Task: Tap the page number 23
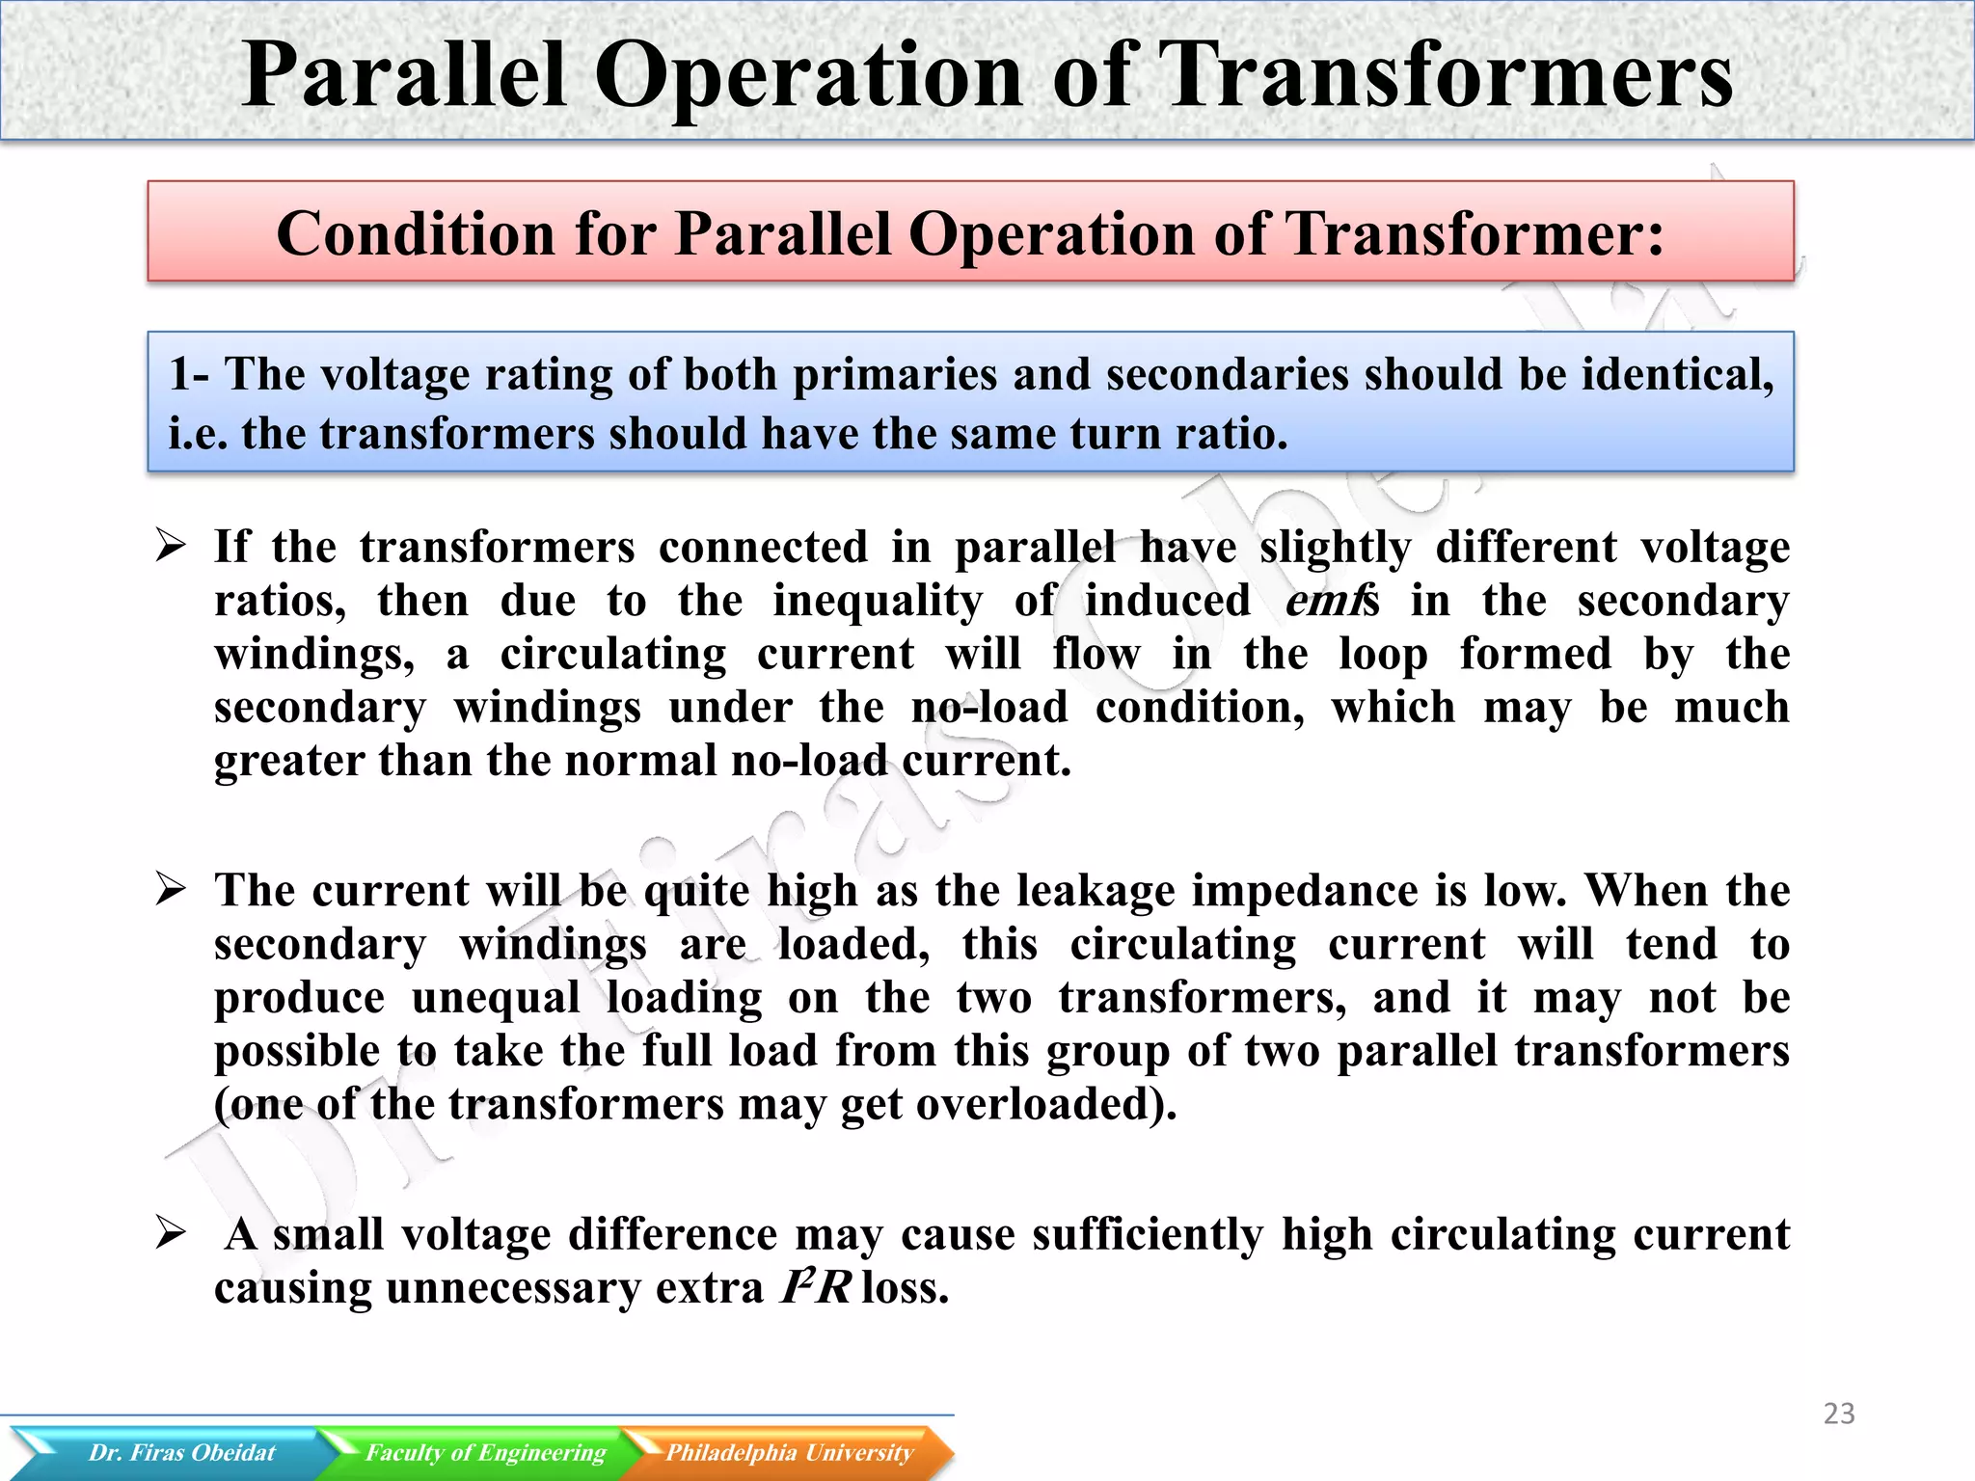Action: coord(1839,1414)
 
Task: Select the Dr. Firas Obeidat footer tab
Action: coord(181,1452)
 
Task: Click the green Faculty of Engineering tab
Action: coord(484,1452)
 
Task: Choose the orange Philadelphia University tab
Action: coord(789,1452)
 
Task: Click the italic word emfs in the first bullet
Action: coord(1332,601)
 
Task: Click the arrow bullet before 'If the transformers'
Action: coord(171,547)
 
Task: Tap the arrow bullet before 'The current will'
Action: coord(171,890)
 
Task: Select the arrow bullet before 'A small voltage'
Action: coord(171,1233)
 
